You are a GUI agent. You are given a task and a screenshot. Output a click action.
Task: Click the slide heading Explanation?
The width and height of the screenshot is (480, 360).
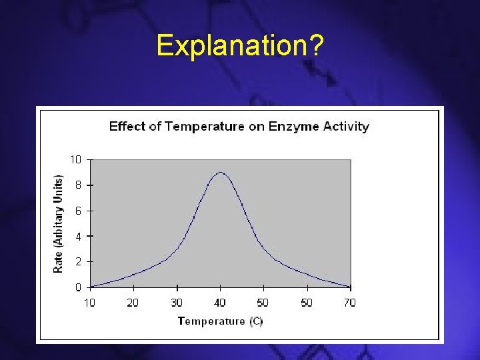(x=240, y=46)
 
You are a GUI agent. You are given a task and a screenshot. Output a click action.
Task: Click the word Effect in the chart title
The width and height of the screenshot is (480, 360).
(x=127, y=126)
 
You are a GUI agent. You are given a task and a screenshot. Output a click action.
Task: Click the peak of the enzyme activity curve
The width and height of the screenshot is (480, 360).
(x=220, y=173)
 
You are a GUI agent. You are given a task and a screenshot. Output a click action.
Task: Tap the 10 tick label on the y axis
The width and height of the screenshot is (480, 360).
(x=75, y=159)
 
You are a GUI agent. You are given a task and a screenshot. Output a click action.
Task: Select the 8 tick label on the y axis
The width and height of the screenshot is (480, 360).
(x=78, y=185)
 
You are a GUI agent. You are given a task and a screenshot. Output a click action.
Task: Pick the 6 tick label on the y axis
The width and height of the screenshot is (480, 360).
(x=78, y=211)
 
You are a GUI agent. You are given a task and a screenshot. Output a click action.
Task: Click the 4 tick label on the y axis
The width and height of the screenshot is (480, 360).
(x=78, y=236)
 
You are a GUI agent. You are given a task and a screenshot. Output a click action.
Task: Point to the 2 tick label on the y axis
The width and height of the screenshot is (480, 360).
(x=78, y=262)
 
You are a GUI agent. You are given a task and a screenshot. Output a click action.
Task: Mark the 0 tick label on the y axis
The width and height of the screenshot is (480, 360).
(x=78, y=287)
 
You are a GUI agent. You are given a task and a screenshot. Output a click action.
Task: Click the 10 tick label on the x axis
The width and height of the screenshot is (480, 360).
(x=89, y=303)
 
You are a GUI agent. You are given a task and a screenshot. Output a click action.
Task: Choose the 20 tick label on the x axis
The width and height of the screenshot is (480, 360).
(x=133, y=303)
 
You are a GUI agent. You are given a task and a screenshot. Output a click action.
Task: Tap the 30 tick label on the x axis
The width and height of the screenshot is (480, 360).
(x=177, y=303)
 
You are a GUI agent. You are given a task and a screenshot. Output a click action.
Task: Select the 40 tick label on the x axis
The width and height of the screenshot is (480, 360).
(x=220, y=303)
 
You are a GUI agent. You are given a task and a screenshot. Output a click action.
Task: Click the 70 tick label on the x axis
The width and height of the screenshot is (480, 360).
(x=350, y=303)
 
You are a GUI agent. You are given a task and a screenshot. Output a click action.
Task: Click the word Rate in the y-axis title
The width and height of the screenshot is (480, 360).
(x=59, y=260)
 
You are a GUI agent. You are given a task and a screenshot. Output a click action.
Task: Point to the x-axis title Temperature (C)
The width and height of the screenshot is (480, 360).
(x=220, y=321)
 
